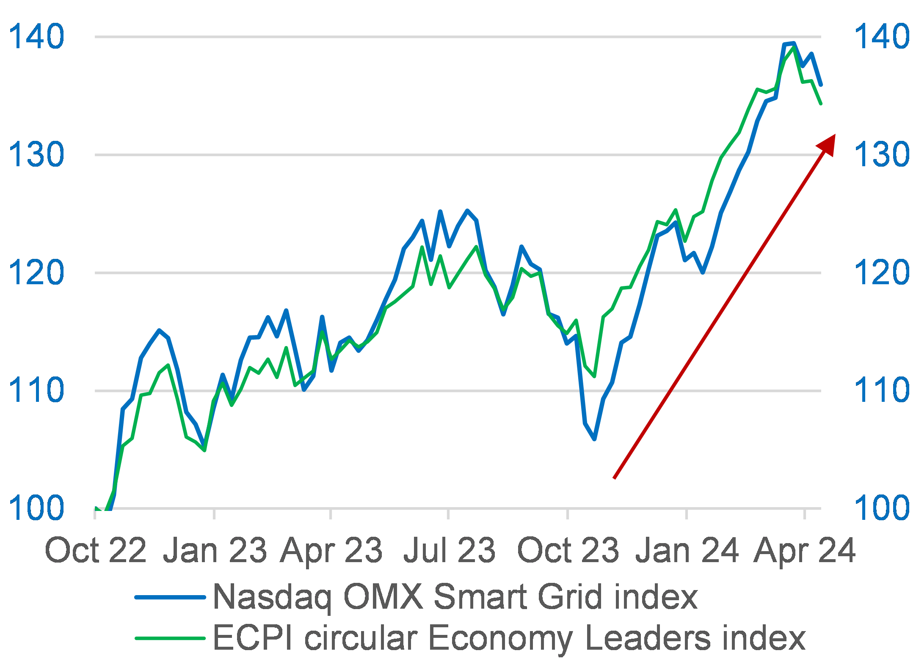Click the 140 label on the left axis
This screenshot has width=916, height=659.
(36, 37)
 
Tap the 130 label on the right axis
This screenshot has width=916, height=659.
(882, 154)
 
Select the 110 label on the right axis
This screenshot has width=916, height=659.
(882, 390)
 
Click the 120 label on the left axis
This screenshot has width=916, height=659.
(36, 272)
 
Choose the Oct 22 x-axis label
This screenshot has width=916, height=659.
(96, 550)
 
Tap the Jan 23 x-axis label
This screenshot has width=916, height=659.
(215, 550)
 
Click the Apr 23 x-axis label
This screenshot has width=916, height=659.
(331, 550)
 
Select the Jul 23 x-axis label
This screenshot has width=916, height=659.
(449, 550)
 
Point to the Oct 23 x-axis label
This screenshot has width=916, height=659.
(568, 550)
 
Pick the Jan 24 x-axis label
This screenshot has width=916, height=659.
(687, 550)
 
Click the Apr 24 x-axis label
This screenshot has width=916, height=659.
(804, 550)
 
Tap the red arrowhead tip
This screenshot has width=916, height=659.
(834, 135)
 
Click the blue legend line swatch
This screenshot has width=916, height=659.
(170, 597)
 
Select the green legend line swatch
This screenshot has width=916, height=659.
(170, 638)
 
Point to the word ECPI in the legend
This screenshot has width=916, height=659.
(252, 638)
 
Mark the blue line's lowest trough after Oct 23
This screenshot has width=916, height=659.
(595, 439)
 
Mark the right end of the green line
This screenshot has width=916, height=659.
(821, 103)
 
